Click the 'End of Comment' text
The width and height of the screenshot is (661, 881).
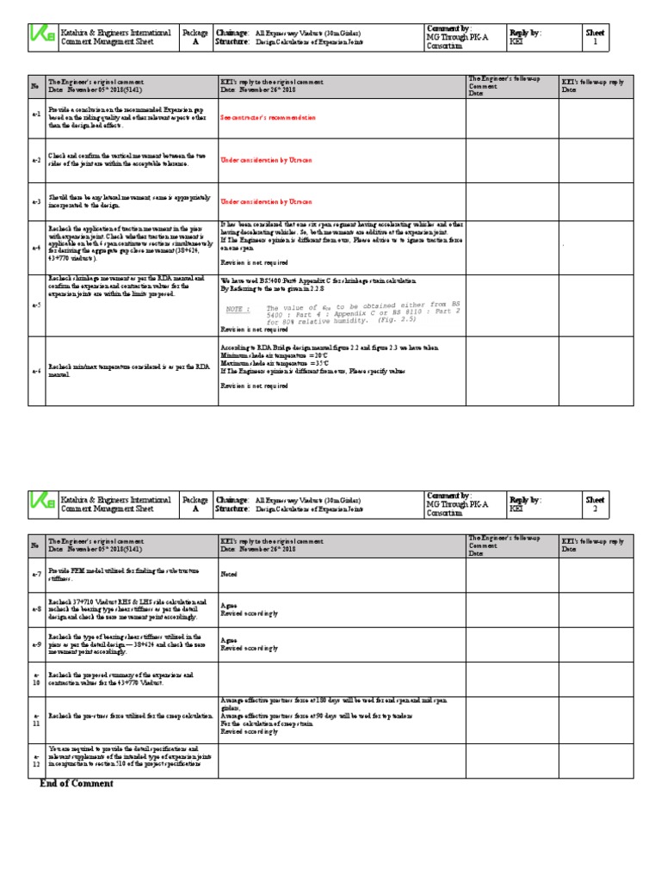coord(76,784)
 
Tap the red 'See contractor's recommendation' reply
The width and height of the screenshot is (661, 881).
coord(268,117)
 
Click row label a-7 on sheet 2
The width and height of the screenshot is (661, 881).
coord(35,573)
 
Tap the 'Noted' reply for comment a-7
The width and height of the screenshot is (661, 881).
coord(228,573)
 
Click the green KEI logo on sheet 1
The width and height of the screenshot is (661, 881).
coord(40,38)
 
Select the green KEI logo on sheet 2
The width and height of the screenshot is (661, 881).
coord(40,503)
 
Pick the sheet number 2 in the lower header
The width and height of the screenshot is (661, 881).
coord(595,508)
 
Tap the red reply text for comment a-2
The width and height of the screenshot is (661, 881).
coord(266,160)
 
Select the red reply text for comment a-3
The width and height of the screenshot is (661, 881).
coord(266,202)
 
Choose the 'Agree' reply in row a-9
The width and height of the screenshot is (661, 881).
coord(229,640)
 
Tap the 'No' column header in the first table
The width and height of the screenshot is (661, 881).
coord(35,86)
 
